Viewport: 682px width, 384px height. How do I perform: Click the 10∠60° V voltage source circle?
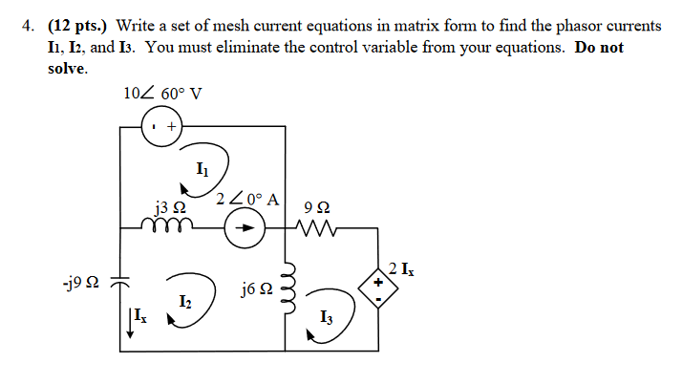tap(163, 125)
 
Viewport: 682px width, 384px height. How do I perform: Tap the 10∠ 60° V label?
tap(162, 94)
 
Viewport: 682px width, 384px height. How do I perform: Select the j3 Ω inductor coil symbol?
tap(171, 227)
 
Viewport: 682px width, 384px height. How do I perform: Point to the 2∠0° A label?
tap(247, 201)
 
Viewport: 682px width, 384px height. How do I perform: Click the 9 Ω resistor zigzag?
tap(316, 228)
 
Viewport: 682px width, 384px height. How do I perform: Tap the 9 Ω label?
tap(316, 206)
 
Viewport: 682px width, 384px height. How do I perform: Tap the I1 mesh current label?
tap(201, 170)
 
